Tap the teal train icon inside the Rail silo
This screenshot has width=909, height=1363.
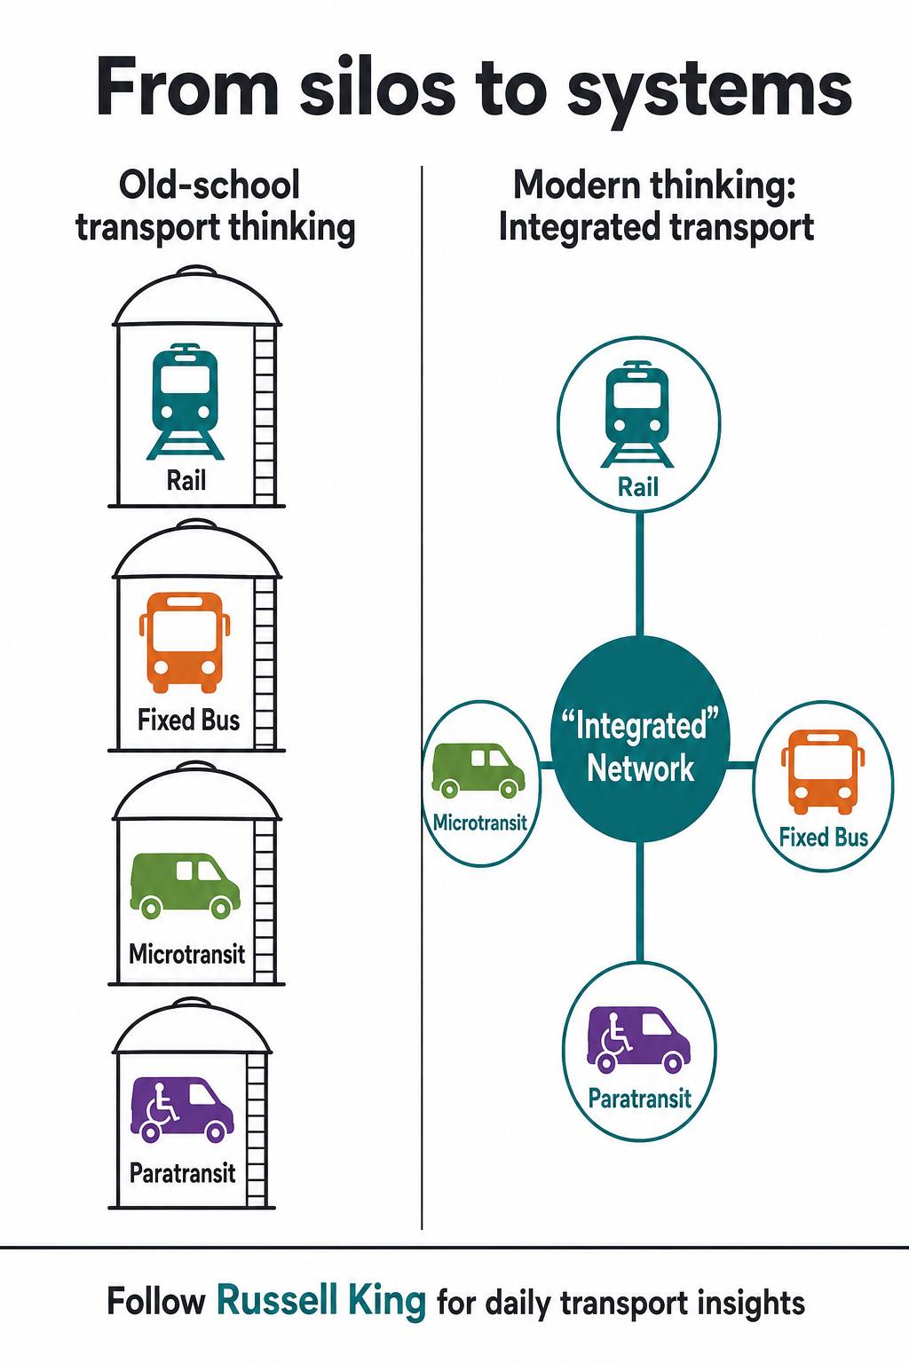click(186, 402)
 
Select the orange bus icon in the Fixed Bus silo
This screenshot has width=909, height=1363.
click(186, 642)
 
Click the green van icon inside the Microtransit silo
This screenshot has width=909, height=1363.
click(186, 886)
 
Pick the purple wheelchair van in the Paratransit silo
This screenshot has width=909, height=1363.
click(182, 1109)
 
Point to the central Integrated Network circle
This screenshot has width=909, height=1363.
click(639, 739)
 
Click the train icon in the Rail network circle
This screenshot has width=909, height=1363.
click(637, 414)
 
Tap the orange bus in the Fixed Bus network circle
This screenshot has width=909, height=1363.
click(823, 771)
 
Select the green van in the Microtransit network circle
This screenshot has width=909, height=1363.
click(478, 770)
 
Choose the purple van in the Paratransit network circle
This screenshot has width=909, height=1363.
click(638, 1039)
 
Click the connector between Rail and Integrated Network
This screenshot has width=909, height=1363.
click(639, 574)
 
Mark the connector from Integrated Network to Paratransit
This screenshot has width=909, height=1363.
click(639, 902)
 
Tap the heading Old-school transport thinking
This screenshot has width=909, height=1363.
click(215, 206)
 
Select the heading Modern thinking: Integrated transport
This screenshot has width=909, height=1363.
click(656, 206)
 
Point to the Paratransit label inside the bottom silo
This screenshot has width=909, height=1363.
click(183, 1172)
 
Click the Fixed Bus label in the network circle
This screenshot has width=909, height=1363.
click(823, 838)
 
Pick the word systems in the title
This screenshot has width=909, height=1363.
click(710, 93)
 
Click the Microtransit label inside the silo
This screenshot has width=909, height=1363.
click(187, 954)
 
